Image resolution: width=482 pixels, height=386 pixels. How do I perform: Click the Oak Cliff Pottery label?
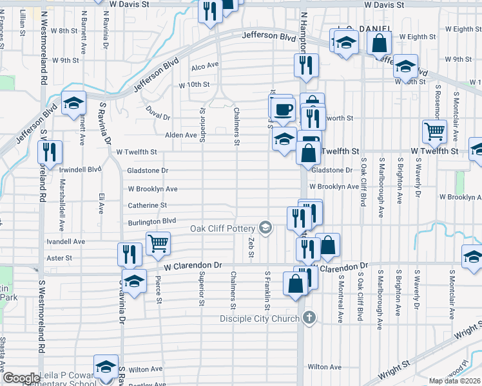click(x=222, y=228)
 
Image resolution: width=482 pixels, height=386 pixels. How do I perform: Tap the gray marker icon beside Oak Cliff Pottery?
click(x=265, y=227)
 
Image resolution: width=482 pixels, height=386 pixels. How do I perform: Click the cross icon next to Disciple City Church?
click(x=310, y=318)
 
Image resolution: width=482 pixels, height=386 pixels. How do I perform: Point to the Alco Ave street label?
click(x=205, y=66)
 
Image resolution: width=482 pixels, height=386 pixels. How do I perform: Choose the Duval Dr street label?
click(x=157, y=113)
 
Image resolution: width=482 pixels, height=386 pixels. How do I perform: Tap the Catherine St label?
click(x=147, y=205)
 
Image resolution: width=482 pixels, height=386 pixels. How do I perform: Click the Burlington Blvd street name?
click(x=151, y=221)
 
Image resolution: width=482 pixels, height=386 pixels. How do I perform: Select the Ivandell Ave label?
click(x=66, y=241)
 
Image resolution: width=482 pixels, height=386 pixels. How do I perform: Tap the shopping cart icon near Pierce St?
click(x=159, y=243)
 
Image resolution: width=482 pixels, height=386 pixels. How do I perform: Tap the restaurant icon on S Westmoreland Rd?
click(x=50, y=152)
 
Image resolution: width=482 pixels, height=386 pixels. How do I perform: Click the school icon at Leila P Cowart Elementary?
click(x=106, y=366)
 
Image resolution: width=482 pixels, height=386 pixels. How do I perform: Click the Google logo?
click(x=21, y=378)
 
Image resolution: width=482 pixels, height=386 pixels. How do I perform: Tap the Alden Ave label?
click(x=181, y=135)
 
